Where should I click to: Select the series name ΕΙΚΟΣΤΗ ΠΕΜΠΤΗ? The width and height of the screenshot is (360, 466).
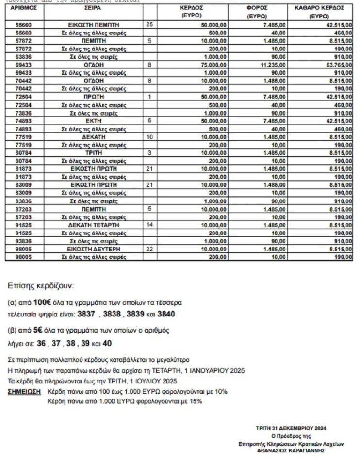pos(94,24)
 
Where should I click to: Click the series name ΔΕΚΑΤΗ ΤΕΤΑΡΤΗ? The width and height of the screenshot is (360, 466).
pos(94,225)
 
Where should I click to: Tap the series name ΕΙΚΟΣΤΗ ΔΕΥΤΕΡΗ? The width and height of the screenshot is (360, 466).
pos(94,249)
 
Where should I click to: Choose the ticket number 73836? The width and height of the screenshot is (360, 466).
pos(24,113)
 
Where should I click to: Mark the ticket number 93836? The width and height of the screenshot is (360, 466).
pos(24,241)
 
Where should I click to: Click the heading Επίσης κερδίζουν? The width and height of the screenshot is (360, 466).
pos(42,285)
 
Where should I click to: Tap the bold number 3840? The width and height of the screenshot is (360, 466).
pos(165,314)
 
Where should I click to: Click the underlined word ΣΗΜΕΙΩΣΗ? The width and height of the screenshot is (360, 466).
pos(24,391)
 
